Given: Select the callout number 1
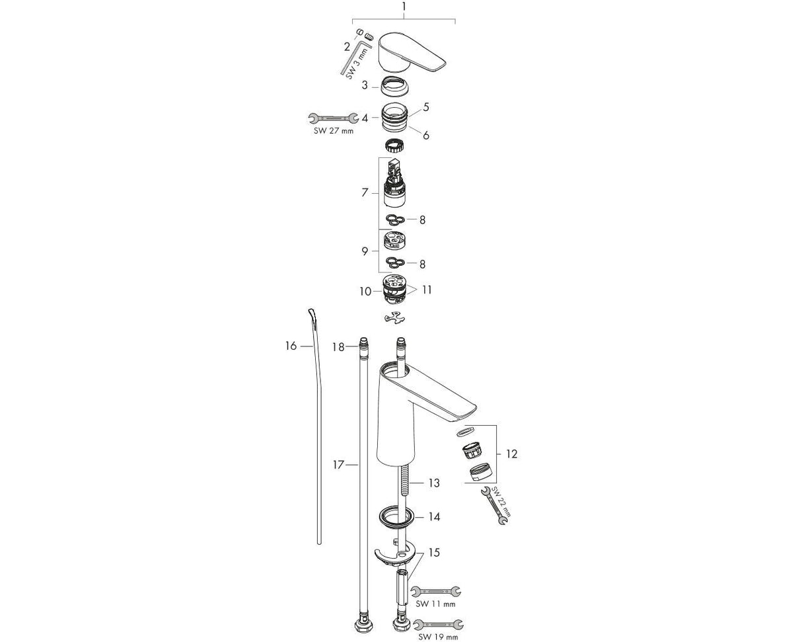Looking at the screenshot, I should [404, 7].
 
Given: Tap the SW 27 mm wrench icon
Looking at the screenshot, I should [334, 118].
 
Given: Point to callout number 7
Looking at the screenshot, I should [365, 192].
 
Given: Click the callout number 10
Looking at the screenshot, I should [365, 291].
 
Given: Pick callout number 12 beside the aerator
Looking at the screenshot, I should [512, 454].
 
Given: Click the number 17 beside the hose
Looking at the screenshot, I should [338, 465].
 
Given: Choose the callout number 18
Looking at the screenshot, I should [338, 346].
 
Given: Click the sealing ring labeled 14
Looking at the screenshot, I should [396, 516].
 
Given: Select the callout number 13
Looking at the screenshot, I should [433, 483].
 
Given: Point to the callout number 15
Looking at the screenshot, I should [433, 552].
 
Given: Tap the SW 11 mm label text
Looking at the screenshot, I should [435, 604].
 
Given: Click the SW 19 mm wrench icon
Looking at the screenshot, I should [439, 624].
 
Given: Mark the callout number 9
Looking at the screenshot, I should [365, 251].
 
